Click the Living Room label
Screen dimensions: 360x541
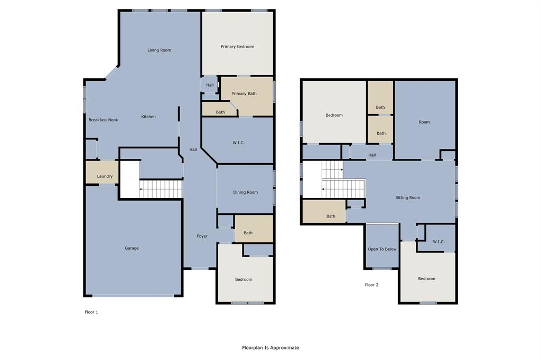click(159, 50)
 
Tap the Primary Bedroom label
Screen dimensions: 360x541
click(237, 46)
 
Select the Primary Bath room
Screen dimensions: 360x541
click(244, 93)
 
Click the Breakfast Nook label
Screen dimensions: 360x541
click(103, 120)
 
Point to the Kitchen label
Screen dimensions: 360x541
click(148, 117)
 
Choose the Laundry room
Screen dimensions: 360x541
click(105, 176)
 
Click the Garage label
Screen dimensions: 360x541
click(132, 248)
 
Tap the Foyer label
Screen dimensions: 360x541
click(202, 236)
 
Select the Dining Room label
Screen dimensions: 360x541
click(246, 192)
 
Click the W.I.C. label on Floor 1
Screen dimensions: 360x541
click(238, 143)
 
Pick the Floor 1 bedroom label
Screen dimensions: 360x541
click(244, 279)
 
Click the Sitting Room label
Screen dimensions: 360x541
click(408, 197)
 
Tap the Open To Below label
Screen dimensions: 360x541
click(382, 249)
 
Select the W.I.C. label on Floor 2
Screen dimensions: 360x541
click(439, 242)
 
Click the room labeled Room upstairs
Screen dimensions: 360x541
click(424, 122)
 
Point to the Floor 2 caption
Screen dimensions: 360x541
click(371, 285)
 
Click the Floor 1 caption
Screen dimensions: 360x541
click(91, 312)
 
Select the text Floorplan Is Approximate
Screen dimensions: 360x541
click(270, 347)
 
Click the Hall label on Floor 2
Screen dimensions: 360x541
click(372, 155)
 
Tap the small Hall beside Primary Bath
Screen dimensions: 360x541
click(210, 85)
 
